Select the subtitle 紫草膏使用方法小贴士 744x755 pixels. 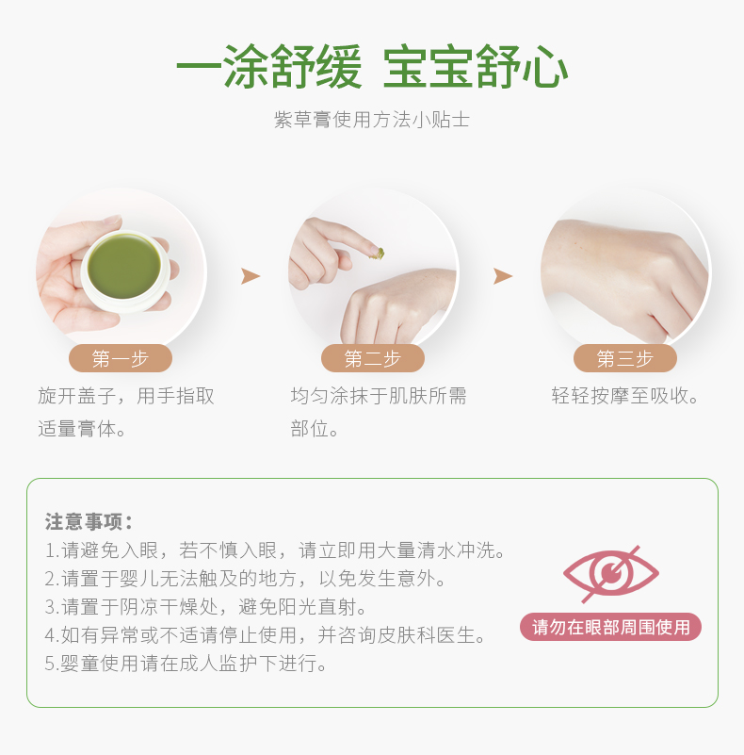coord(371,120)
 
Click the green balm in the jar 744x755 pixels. coord(124,266)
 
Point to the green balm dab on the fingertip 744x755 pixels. coord(377,254)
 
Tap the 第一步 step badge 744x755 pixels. coord(121,358)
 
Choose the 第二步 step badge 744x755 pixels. coord(373,358)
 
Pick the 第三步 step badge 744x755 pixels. coord(625,358)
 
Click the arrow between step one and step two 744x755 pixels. coord(251,276)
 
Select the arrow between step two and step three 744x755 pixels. coord(503,276)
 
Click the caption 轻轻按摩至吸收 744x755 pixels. coord(624,396)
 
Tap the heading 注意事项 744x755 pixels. coord(89,521)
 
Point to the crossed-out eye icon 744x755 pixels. coord(610,573)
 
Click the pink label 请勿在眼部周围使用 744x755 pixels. coord(610,627)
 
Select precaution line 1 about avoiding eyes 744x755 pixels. coord(275,550)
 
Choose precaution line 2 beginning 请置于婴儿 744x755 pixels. coord(246,579)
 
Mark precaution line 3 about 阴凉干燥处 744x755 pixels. coord(205,607)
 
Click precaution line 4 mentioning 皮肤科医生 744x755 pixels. coord(266,635)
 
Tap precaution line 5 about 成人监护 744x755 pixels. coord(186,664)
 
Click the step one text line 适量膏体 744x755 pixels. coord(82,429)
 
